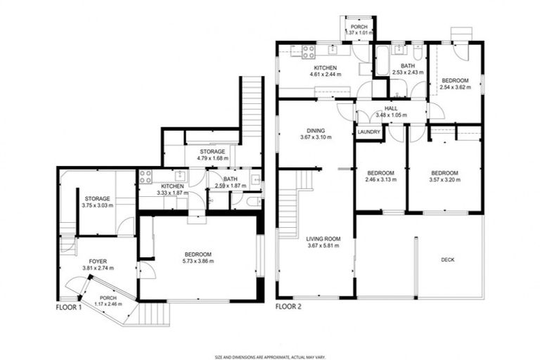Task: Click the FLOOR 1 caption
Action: coord(69,307)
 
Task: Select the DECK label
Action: coord(447,260)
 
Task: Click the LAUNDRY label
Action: coord(368,132)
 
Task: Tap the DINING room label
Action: coord(314,129)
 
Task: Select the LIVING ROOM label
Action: coord(323,239)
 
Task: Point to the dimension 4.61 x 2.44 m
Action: coord(324,74)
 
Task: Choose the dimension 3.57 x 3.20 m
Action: coord(444,179)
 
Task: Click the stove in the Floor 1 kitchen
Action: coord(146,176)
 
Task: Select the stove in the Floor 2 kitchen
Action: coord(307,50)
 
